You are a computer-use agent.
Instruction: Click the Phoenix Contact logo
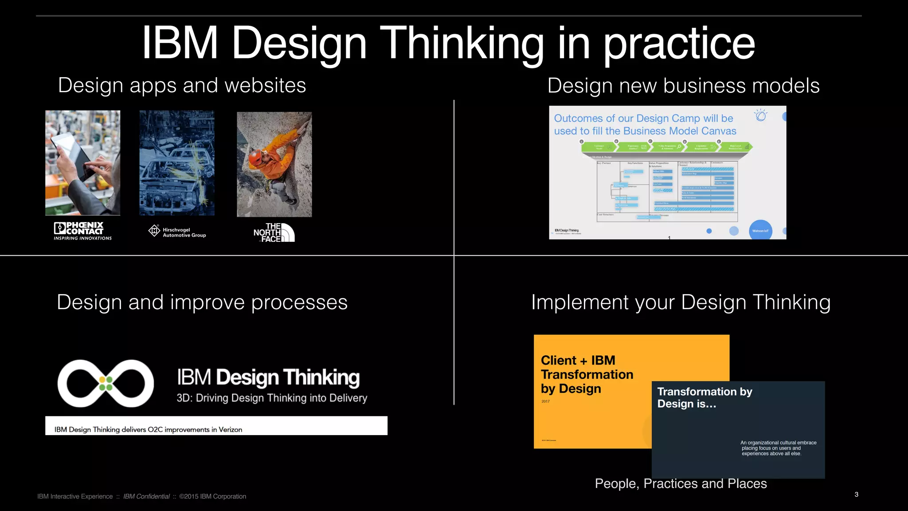coord(82,231)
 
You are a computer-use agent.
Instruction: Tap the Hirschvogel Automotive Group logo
coord(177,232)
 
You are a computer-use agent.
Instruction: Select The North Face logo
coord(274,232)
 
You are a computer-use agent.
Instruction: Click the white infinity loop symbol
coord(106,383)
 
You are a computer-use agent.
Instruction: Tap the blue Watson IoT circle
coord(760,230)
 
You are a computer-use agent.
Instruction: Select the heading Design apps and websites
coord(182,85)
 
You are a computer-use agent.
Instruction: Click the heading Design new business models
coord(683,86)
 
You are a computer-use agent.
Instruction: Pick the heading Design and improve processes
coord(202,303)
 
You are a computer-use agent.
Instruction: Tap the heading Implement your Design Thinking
coord(681,303)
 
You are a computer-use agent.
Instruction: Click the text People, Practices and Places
coord(681,483)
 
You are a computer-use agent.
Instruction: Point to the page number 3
coord(856,494)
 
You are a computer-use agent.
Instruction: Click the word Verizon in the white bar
coord(230,429)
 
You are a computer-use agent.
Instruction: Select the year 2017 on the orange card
coord(545,401)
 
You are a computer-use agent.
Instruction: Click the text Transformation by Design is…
coord(704,397)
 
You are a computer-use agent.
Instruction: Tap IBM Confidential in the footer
coord(146,496)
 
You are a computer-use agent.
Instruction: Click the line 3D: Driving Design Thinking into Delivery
coord(272,398)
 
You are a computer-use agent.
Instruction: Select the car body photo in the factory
coord(177,163)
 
